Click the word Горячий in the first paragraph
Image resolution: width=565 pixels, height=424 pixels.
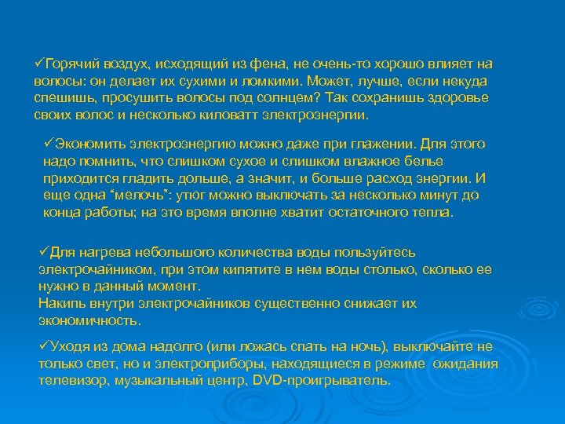68,64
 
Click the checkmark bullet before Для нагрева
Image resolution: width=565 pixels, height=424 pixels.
43,252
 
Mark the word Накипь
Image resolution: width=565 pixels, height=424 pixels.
60,303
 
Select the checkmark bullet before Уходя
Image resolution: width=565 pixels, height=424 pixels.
43,346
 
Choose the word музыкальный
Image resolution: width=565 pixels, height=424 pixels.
160,380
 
